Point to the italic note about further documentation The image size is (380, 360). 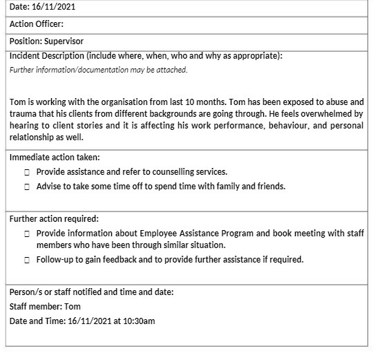98,69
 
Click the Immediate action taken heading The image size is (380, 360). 55,157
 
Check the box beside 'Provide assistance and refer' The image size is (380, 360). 26,172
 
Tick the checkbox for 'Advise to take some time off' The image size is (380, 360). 26,187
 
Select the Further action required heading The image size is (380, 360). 54,218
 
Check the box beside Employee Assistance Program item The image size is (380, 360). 26,234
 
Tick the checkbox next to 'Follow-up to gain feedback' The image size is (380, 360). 26,260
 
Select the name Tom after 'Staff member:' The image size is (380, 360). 73,306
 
